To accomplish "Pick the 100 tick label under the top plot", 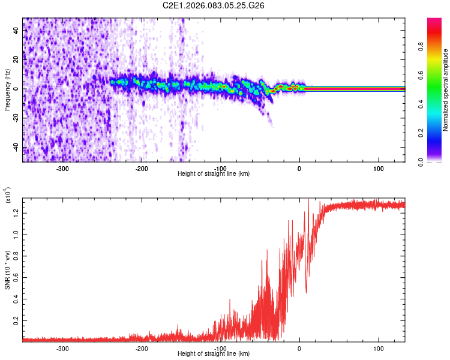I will (379, 169).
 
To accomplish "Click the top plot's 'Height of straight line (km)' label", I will (214, 174).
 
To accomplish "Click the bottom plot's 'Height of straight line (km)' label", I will (214, 354).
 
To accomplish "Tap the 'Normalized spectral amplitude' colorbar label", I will (446, 90).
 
